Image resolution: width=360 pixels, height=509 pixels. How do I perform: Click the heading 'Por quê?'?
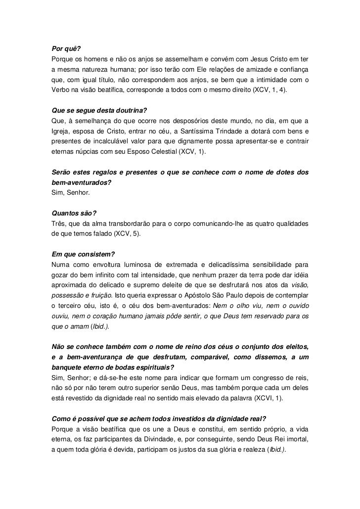tap(66, 49)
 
